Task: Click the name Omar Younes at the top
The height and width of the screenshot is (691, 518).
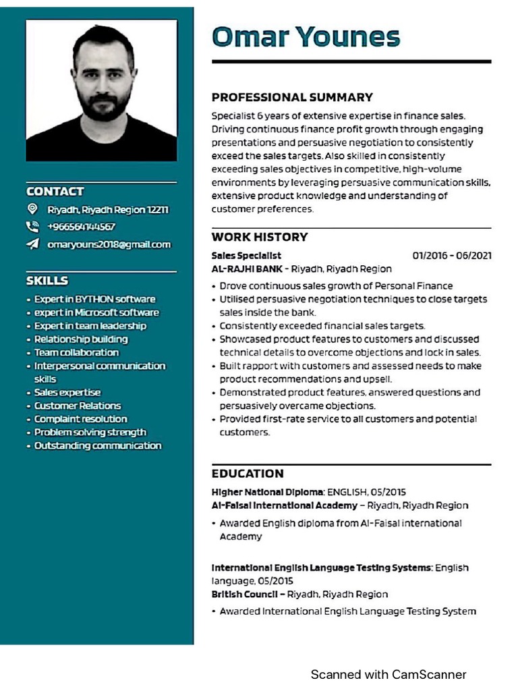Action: pyautogui.click(x=306, y=36)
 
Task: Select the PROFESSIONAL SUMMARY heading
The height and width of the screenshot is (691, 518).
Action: pyautogui.click(x=292, y=97)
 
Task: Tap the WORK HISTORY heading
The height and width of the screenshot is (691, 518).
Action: pyautogui.click(x=259, y=237)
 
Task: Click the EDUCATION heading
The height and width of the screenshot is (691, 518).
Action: pyautogui.click(x=248, y=473)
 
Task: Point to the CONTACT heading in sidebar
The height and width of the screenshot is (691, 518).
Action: pyautogui.click(x=55, y=192)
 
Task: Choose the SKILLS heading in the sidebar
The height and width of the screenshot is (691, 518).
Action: pyautogui.click(x=47, y=280)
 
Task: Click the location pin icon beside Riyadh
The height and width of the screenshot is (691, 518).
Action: pyautogui.click(x=32, y=209)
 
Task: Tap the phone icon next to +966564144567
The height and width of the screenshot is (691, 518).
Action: pyautogui.click(x=32, y=227)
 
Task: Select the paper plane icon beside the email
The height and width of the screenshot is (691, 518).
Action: pyautogui.click(x=32, y=244)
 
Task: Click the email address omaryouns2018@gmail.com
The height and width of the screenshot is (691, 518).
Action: pyautogui.click(x=109, y=244)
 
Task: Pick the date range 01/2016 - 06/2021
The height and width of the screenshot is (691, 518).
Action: pyautogui.click(x=451, y=255)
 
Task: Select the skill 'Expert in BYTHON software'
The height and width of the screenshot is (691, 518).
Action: pyautogui.click(x=94, y=299)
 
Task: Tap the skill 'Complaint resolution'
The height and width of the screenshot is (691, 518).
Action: pyautogui.click(x=80, y=419)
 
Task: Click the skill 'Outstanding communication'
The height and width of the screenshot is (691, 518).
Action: pyautogui.click(x=98, y=445)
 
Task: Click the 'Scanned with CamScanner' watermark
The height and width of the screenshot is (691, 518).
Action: pyautogui.click(x=388, y=674)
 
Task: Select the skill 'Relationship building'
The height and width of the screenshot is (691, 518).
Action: pyautogui.click(x=81, y=339)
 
